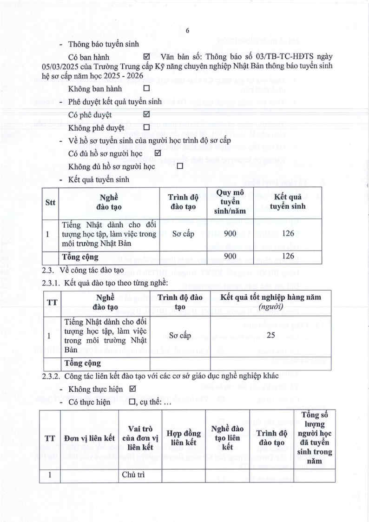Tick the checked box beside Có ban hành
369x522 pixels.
point(147,57)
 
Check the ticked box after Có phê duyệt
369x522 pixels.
point(147,114)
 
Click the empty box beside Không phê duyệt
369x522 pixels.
point(147,127)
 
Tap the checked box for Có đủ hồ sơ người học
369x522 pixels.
point(157,153)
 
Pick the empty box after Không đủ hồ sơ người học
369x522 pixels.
point(179,166)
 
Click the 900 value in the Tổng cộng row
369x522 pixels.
point(230,256)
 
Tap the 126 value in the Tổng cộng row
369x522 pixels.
point(288,256)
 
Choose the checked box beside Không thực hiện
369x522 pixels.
point(132,389)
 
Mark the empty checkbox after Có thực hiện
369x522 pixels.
point(132,402)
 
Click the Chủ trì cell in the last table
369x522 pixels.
point(131,475)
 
